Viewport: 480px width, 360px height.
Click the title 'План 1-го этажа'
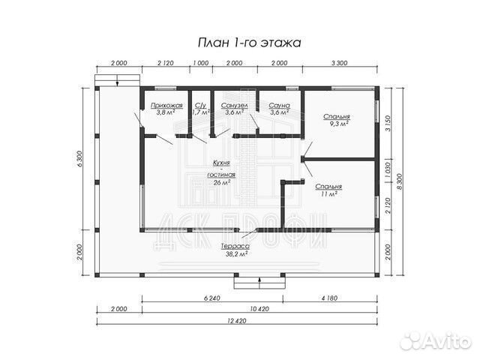click(249, 43)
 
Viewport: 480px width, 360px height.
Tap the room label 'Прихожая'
click(166, 106)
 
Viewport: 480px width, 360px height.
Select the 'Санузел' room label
click(234, 106)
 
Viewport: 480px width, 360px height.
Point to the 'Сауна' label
click(279, 106)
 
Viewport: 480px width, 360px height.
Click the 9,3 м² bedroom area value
click(337, 123)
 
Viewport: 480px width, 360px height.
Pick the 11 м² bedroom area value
click(329, 193)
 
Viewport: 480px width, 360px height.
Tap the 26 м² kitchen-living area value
click(222, 182)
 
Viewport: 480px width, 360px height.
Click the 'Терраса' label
click(235, 247)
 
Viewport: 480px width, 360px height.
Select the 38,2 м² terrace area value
click(235, 253)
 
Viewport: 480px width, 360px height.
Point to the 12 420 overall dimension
click(237, 321)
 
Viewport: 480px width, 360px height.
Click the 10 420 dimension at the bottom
click(259, 308)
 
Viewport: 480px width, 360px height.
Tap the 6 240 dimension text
click(211, 298)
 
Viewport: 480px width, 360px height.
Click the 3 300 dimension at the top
click(339, 63)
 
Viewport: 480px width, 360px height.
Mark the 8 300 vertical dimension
click(400, 181)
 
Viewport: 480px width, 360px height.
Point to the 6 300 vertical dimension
click(79, 159)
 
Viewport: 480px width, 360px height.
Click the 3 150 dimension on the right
click(388, 123)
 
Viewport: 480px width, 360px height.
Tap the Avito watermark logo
click(436, 340)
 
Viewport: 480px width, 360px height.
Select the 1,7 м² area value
click(200, 112)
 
